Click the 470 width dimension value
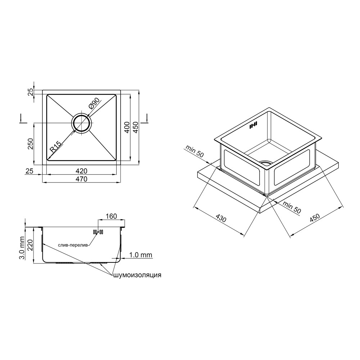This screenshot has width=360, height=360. coord(82,179)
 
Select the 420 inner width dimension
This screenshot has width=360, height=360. coord(82,171)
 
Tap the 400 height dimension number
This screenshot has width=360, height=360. coord(127,128)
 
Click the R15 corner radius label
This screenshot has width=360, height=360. coord(55,147)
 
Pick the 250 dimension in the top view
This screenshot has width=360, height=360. coord(31,144)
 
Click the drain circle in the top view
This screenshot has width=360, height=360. coord(82,123)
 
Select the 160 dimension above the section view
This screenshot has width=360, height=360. coord(111,216)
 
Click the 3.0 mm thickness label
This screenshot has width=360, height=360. coord(22,248)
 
